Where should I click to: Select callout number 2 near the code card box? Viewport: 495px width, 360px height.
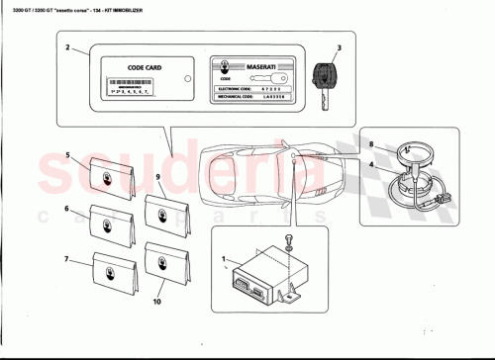point(66,48)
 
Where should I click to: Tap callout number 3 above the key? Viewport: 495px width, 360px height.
point(338,47)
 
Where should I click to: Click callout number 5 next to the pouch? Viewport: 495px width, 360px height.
point(67,155)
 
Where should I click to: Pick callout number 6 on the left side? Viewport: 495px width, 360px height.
point(67,209)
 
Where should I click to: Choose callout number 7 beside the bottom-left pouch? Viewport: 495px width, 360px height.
point(67,259)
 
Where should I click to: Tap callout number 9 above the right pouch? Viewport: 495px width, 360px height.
point(157,176)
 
